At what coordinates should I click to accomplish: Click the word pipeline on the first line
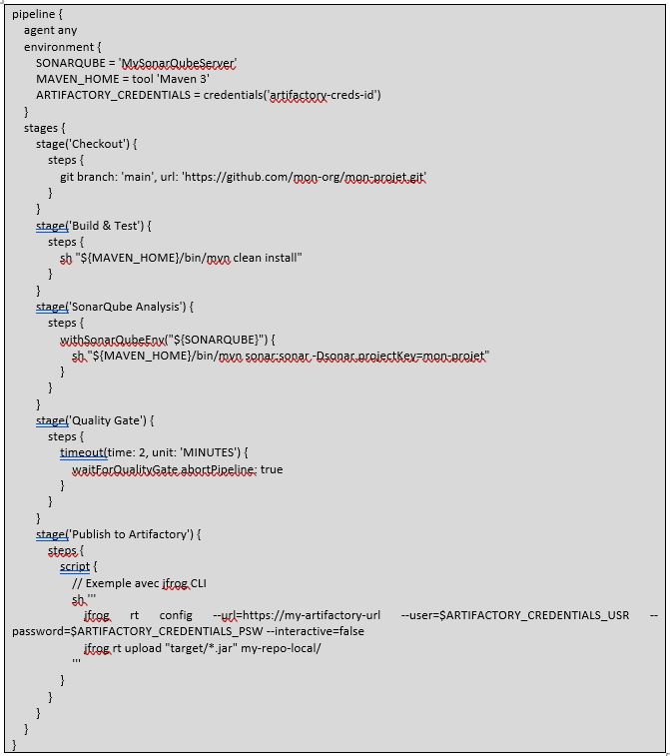coord(33,14)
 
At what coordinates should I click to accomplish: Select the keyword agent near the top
coord(38,31)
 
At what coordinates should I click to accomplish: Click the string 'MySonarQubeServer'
coord(178,63)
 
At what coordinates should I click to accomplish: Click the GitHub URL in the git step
coord(305,177)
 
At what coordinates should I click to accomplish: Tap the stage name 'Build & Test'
coord(105,226)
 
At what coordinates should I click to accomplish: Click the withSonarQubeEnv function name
coord(112,340)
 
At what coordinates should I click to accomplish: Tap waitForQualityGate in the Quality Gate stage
coord(126,469)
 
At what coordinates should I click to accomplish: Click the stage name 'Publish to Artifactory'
coord(130,534)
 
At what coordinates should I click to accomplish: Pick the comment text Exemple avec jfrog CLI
coord(146,583)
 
